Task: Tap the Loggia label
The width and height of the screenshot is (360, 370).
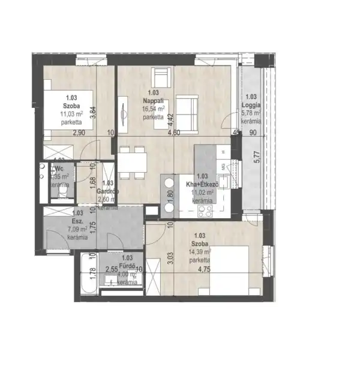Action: point(251,104)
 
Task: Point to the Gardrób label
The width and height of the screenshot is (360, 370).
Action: point(109,191)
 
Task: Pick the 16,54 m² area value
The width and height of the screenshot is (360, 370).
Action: point(153,110)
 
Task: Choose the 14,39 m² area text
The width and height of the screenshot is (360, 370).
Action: point(200,252)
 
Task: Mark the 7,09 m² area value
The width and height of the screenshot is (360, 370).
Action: point(77,228)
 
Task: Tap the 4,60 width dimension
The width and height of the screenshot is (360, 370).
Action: point(173,133)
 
